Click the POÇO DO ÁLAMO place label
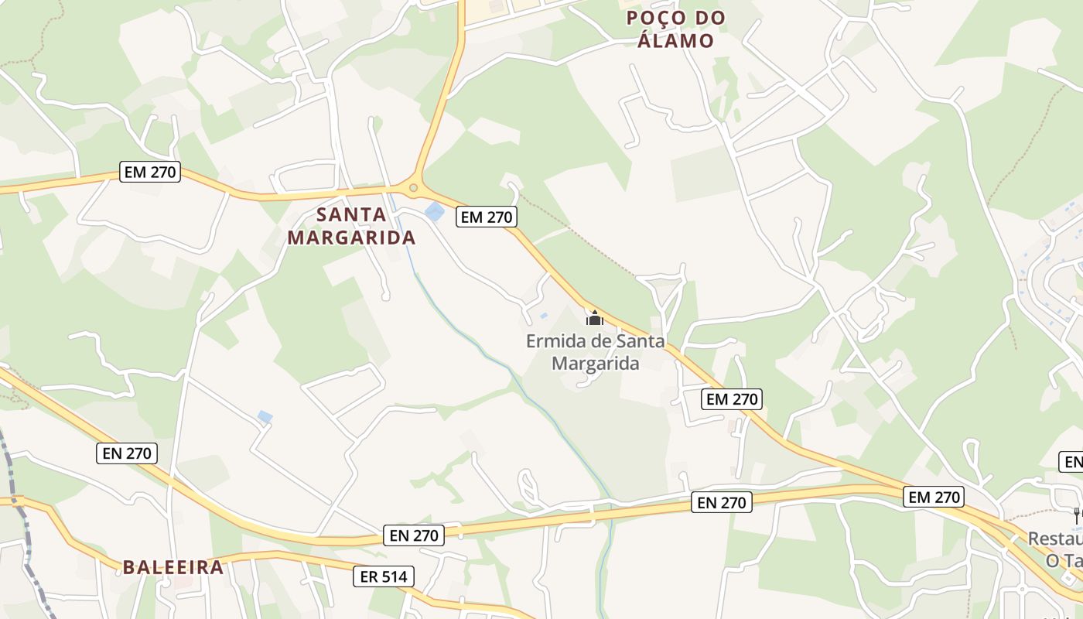coord(675,29)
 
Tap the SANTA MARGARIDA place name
coord(352,226)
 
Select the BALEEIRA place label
coord(173,567)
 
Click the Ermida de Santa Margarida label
coord(595,352)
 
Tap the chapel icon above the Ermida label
coord(594,318)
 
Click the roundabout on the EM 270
coord(414,187)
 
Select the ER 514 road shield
coord(384,576)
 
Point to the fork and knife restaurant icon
coord(1076,515)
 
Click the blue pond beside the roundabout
coord(435,211)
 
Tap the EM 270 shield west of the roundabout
coord(151,172)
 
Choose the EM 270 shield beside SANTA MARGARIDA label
coord(487,217)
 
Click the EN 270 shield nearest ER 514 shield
coord(414,535)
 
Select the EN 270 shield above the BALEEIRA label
coord(128,453)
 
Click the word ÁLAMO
coord(675,40)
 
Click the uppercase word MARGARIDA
coord(352,238)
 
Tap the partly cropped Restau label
coord(1056,538)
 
